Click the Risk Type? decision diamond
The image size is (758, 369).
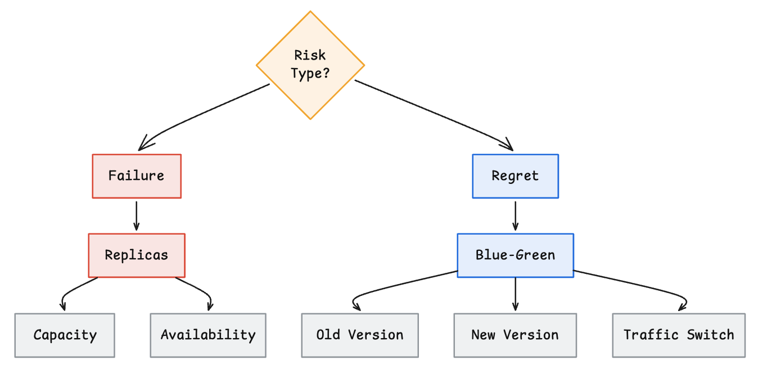pyautogui.click(x=310, y=65)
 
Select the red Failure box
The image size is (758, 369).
pyautogui.click(x=137, y=176)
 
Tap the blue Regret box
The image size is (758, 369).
pyautogui.click(x=516, y=176)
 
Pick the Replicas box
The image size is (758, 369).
pyautogui.click(x=137, y=255)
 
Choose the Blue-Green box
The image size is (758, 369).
pyautogui.click(x=516, y=255)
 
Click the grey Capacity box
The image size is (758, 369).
pyautogui.click(x=65, y=335)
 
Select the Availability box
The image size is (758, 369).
pyautogui.click(x=208, y=335)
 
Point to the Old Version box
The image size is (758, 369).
pyautogui.click(x=360, y=335)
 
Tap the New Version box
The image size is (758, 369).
pyautogui.click(x=515, y=335)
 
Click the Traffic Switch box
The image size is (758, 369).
pyautogui.click(x=679, y=335)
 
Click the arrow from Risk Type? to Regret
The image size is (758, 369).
pyautogui.click(x=436, y=114)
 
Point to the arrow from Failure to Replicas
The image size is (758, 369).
pyautogui.click(x=137, y=216)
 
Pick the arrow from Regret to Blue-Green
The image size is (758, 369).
pyautogui.click(x=516, y=216)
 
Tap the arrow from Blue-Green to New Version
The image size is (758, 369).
pyautogui.click(x=516, y=294)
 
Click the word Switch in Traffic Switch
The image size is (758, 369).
pyautogui.click(x=710, y=335)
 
